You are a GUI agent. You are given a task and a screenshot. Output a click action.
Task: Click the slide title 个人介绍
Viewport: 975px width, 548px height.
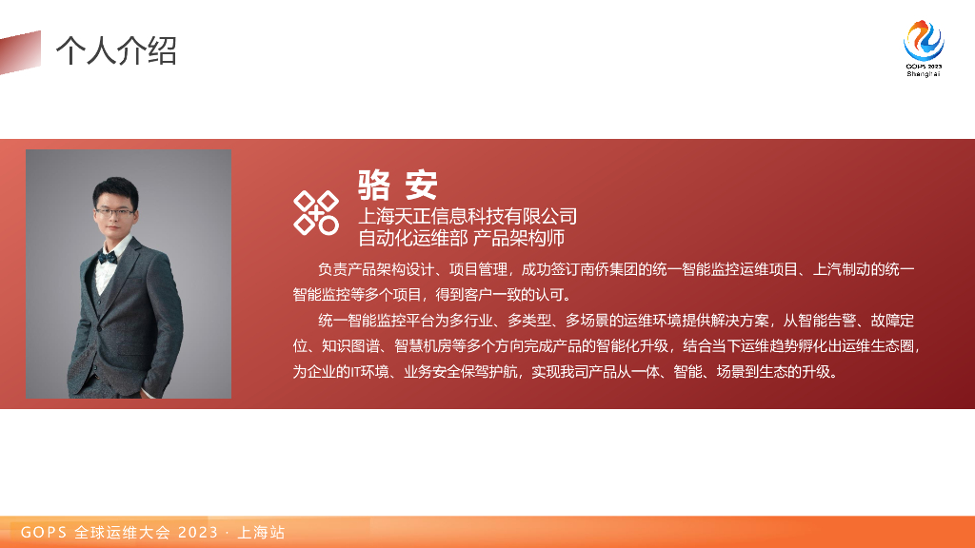point(116,50)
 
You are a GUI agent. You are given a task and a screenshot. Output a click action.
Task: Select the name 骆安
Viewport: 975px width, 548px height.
point(397,184)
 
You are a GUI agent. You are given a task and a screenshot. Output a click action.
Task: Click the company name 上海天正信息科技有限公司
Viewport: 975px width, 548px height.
point(468,216)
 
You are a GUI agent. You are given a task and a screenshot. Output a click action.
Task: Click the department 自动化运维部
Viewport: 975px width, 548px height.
point(412,237)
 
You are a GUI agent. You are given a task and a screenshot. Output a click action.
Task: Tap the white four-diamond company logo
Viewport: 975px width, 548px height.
point(315,212)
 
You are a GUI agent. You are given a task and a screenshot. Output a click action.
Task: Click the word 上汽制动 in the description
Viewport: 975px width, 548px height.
point(845,270)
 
